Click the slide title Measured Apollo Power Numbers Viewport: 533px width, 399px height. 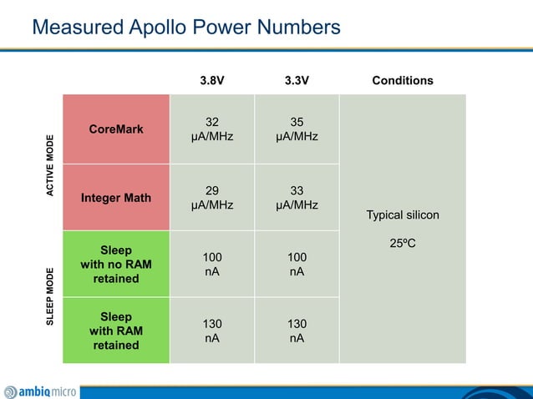pyautogui.click(x=185, y=28)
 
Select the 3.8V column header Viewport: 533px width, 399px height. pyautogui.click(x=212, y=81)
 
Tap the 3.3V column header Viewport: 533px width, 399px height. pyautogui.click(x=297, y=81)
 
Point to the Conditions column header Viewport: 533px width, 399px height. pyautogui.click(x=403, y=81)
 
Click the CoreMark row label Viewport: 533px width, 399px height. pyautogui.click(x=116, y=129)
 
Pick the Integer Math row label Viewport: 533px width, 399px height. pyautogui.click(x=116, y=198)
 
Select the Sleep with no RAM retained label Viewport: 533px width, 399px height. pyautogui.click(x=116, y=264)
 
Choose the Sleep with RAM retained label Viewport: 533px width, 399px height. pyautogui.click(x=116, y=331)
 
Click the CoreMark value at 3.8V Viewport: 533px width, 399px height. pyautogui.click(x=212, y=129)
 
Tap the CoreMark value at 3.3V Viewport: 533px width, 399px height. pyautogui.click(x=297, y=129)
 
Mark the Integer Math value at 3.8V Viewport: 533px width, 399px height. pyautogui.click(x=212, y=198)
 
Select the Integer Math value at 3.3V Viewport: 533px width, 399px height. pyautogui.click(x=297, y=198)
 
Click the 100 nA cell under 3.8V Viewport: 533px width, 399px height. pyautogui.click(x=212, y=264)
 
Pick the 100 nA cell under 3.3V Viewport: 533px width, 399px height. pyautogui.click(x=297, y=264)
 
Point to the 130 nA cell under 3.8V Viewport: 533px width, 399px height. pyautogui.click(x=212, y=331)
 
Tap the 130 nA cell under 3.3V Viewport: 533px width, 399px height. pyautogui.click(x=297, y=331)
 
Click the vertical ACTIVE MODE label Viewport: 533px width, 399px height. pyautogui.click(x=50, y=165)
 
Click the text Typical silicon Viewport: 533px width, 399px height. pyautogui.click(x=403, y=215)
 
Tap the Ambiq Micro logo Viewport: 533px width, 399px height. pyautogui.click(x=40, y=391)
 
